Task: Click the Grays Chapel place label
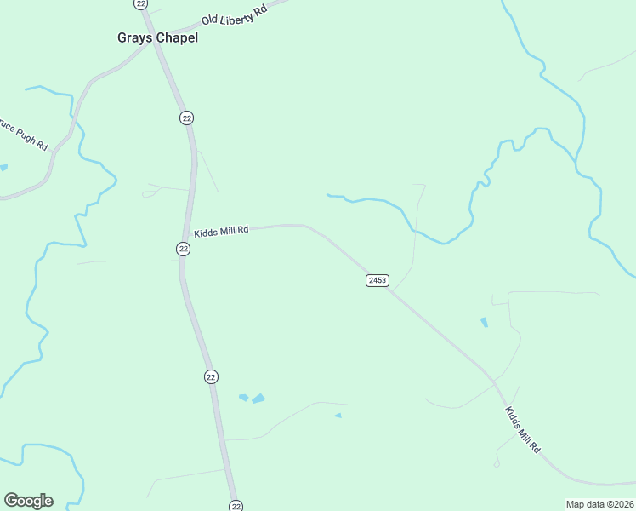click(x=156, y=37)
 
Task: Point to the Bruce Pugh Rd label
click(x=24, y=134)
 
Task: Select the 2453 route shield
click(x=378, y=280)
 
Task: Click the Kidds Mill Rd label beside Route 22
click(x=220, y=231)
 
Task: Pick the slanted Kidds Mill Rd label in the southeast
click(x=522, y=429)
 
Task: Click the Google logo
click(x=28, y=501)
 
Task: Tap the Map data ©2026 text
click(x=600, y=504)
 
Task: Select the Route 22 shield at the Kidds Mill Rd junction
click(x=184, y=249)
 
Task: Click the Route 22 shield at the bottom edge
click(x=236, y=505)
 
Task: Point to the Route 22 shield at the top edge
click(x=141, y=3)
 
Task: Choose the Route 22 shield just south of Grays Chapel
click(x=186, y=118)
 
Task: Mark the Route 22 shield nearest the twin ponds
click(x=211, y=376)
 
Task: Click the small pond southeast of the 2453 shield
click(x=484, y=323)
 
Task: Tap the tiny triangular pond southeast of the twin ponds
click(x=338, y=416)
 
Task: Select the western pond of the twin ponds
click(x=244, y=397)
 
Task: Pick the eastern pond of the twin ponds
click(x=258, y=399)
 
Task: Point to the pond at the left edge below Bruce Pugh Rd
click(x=3, y=168)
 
